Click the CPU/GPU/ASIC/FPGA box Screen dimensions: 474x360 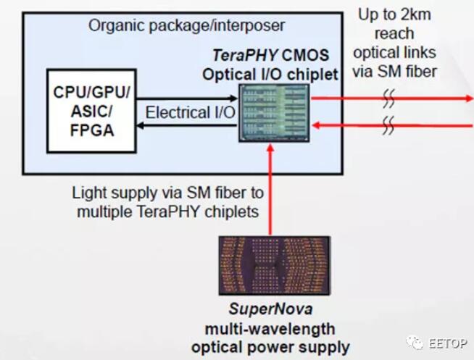pos(91,111)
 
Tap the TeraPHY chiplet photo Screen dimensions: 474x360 pos(274,113)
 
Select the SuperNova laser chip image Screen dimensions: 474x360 pos(275,265)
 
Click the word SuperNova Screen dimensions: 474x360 pos(270,309)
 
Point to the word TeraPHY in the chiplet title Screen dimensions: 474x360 pos(245,55)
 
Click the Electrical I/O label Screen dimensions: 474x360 pos(190,112)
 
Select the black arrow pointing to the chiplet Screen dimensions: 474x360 pos(187,99)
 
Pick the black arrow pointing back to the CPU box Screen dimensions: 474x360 pos(187,125)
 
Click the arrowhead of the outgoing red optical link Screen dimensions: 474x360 pos(470,99)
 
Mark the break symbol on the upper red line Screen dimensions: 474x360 pos(388,99)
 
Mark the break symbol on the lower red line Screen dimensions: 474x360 pos(388,125)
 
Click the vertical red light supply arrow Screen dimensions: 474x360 pos(270,190)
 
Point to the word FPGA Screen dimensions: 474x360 pos(92,130)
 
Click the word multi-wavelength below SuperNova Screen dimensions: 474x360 pos(270,329)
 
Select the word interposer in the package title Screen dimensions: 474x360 pos(249,26)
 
